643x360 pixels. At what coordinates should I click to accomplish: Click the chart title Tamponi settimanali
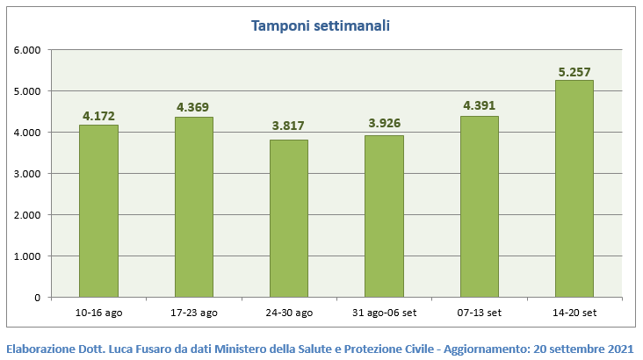click(x=321, y=25)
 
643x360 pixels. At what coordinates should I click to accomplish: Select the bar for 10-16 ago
click(x=98, y=211)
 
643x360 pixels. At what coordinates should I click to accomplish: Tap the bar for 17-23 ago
click(x=193, y=207)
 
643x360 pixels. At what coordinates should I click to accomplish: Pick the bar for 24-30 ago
click(x=289, y=219)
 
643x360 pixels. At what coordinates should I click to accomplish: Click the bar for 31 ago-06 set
click(x=384, y=216)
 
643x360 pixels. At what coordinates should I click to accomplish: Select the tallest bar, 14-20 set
click(x=574, y=189)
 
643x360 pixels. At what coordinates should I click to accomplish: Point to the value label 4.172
click(x=98, y=115)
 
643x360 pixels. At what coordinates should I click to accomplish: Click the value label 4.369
click(x=193, y=107)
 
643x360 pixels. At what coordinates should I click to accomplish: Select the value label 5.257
click(x=574, y=71)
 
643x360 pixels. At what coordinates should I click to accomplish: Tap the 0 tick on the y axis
click(x=37, y=298)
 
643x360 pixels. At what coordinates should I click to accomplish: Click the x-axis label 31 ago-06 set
click(x=384, y=312)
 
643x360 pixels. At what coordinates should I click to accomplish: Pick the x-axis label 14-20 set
click(x=574, y=312)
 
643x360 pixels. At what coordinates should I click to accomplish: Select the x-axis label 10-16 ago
click(x=98, y=312)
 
